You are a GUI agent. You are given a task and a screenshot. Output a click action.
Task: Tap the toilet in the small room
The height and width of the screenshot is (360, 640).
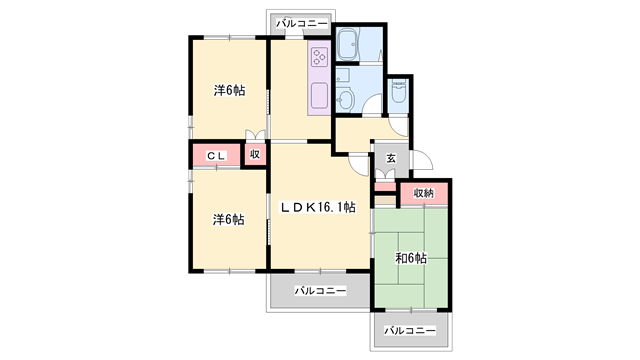click(x=399, y=93)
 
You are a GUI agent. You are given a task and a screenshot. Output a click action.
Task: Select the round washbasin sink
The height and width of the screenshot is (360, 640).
click(x=345, y=99)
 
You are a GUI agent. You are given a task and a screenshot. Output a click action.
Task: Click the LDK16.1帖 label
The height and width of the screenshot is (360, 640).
click(x=317, y=208)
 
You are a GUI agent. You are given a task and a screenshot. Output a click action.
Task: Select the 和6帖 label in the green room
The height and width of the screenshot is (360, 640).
click(x=410, y=258)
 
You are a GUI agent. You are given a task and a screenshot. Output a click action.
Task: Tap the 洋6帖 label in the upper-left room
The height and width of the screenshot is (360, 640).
click(x=229, y=90)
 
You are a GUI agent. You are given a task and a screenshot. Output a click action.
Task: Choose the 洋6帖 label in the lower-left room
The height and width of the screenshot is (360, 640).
click(x=229, y=219)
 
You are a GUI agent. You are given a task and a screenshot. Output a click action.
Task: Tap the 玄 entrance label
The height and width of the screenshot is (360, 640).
click(x=391, y=158)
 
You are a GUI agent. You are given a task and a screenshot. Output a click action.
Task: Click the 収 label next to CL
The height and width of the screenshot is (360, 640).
click(x=255, y=155)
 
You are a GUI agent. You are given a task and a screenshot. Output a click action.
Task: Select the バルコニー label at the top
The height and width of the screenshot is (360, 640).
click(x=299, y=21)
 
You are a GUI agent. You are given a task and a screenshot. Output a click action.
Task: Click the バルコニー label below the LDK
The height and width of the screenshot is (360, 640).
click(x=320, y=291)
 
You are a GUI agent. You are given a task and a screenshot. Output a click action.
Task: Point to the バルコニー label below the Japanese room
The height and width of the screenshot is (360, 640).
click(x=410, y=330)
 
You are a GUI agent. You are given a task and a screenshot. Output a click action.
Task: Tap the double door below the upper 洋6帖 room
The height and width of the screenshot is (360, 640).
click(x=256, y=137)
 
